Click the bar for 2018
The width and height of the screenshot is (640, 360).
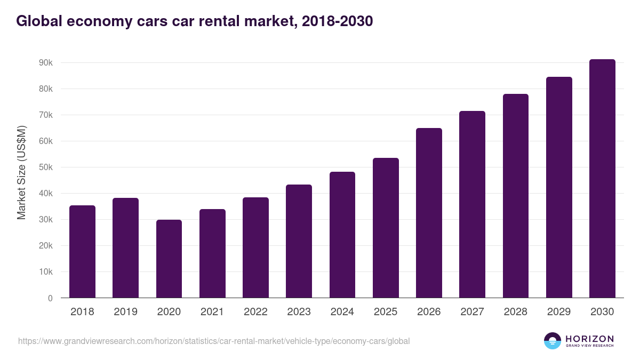pyautogui.click(x=82, y=252)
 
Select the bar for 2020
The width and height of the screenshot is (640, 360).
pyautogui.click(x=169, y=259)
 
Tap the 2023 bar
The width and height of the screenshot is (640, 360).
pyautogui.click(x=299, y=241)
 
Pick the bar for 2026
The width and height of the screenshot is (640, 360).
pyautogui.click(x=429, y=213)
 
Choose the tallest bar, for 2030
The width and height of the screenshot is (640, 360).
pyautogui.click(x=602, y=179)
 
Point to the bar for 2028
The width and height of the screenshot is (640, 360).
pyautogui.click(x=516, y=196)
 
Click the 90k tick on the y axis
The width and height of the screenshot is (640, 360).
pyautogui.click(x=45, y=63)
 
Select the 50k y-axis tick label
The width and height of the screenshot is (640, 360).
pyautogui.click(x=45, y=167)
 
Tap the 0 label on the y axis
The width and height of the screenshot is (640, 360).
pyautogui.click(x=50, y=298)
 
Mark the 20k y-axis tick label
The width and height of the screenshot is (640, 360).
pyautogui.click(x=45, y=246)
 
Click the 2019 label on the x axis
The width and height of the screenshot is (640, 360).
pyautogui.click(x=125, y=312)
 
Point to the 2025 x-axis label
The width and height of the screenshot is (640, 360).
pyautogui.click(x=386, y=312)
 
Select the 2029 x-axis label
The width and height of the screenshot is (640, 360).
pyautogui.click(x=559, y=312)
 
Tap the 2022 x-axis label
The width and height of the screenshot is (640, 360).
pyautogui.click(x=255, y=312)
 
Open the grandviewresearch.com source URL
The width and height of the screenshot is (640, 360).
pyautogui.click(x=214, y=341)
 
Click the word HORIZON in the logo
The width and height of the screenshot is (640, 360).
pyautogui.click(x=589, y=339)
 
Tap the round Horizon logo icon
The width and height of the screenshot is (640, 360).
pyautogui.click(x=553, y=341)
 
